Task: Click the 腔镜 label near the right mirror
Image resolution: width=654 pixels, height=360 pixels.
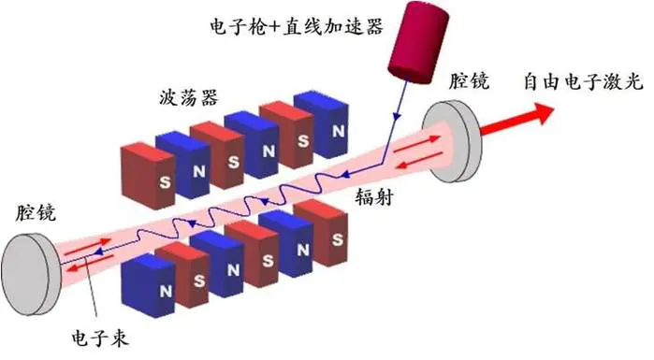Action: coord(468,81)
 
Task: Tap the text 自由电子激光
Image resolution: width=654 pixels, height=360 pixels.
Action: coord(582,81)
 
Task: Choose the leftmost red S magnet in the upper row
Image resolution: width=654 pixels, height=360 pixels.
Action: coord(145,172)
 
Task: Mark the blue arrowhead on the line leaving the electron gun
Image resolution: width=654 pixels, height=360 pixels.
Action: coord(399,116)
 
